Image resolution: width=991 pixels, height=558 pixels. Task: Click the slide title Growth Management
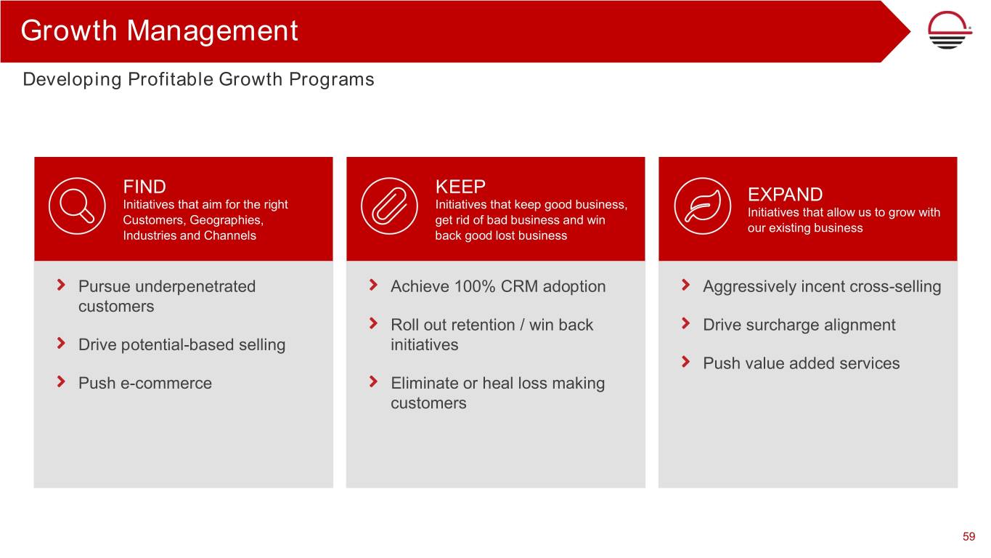pos(159,31)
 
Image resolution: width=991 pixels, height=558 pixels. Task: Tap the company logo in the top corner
pos(949,30)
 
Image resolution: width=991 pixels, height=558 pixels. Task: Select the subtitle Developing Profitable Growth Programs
pos(199,80)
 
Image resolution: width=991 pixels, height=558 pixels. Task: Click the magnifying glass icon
pos(77,206)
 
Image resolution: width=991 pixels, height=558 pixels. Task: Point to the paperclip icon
pos(389,206)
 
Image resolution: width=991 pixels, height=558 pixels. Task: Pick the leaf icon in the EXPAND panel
pos(703,206)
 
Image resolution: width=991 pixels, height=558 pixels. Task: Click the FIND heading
pos(144,187)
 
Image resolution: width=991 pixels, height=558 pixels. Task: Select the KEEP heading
pos(460,187)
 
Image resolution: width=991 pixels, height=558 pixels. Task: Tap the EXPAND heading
pos(786,195)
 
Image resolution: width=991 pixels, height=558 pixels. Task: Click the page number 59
pos(969,536)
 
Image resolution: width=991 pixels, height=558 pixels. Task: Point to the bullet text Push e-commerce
pos(145,383)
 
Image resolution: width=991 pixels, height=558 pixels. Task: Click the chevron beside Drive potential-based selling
pos(62,343)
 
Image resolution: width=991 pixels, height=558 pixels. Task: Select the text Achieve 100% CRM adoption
pos(498,286)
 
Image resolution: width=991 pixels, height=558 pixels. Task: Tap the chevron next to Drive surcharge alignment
pos(686,323)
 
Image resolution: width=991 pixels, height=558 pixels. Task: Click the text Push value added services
pos(802,363)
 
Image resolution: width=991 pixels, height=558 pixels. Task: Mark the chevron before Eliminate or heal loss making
pos(373,381)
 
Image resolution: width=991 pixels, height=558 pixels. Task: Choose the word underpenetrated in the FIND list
pos(195,287)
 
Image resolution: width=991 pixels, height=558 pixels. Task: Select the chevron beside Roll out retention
pos(373,323)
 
